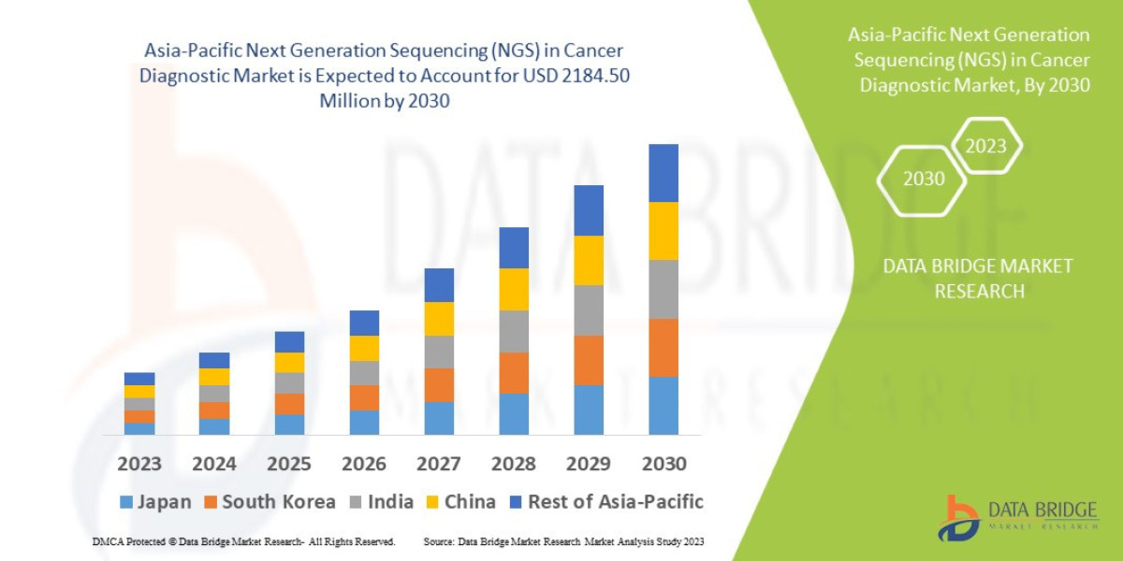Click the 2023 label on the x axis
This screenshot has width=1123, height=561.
[x=139, y=464]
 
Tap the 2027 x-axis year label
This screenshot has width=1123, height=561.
[x=438, y=464]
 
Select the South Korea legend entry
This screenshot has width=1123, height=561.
[x=270, y=502]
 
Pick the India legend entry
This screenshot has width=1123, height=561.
[x=379, y=502]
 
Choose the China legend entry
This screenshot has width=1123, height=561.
[x=459, y=502]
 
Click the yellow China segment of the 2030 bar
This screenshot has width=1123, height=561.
[x=663, y=231]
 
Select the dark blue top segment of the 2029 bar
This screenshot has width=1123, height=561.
[x=588, y=210]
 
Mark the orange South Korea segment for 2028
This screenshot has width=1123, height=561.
[x=513, y=373]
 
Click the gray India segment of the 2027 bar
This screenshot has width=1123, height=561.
[x=438, y=352]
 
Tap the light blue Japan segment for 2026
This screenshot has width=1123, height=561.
[x=363, y=423]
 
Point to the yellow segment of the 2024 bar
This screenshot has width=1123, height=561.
[x=213, y=377]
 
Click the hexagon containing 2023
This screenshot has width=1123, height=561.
[x=985, y=146]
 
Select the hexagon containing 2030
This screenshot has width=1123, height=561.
[x=923, y=179]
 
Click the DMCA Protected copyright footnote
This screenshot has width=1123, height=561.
[x=243, y=542]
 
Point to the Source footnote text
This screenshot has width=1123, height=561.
[x=563, y=542]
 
